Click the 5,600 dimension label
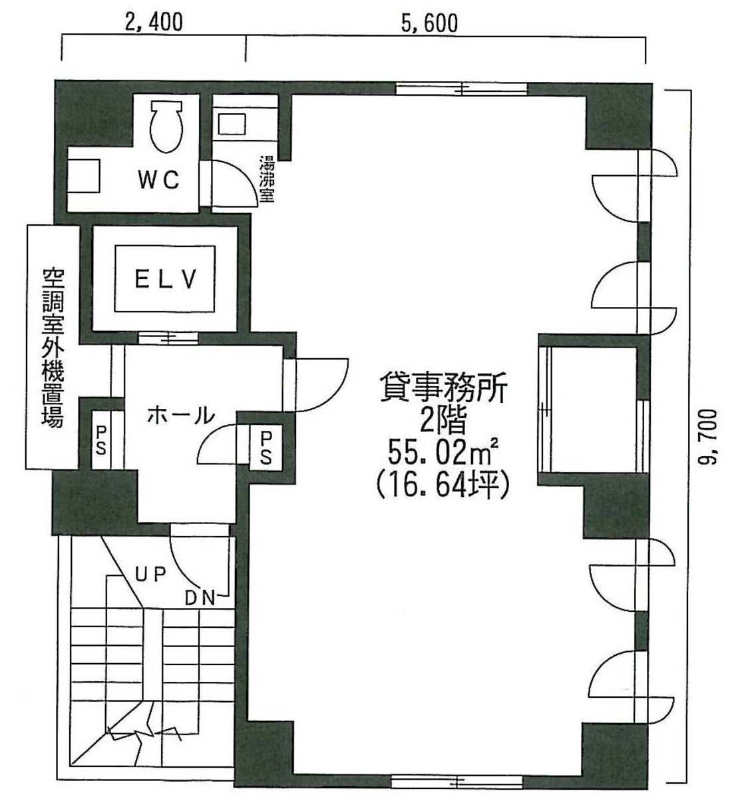[430, 23]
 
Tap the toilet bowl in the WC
[166, 126]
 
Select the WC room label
[158, 180]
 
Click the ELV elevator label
[165, 279]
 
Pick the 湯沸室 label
[268, 178]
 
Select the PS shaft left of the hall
[101, 441]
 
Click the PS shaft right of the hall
[266, 448]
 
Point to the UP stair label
[150, 574]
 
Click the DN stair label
[201, 599]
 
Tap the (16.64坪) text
[442, 485]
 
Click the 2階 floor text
[443, 421]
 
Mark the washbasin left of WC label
[83, 176]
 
